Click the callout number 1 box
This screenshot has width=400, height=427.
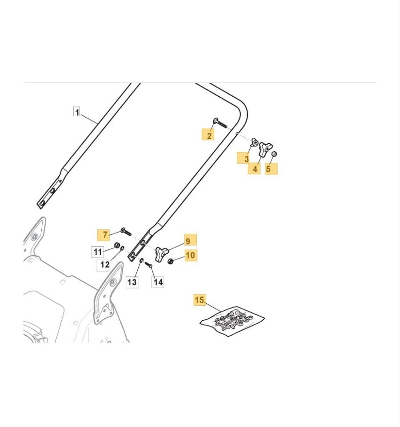coord(76,111)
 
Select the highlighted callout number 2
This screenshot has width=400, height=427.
coord(209,135)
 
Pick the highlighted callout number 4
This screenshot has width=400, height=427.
coord(254,168)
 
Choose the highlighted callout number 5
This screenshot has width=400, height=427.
coord(271,168)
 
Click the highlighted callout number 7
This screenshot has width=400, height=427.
coord(104,235)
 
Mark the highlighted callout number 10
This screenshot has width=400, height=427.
coord(190,255)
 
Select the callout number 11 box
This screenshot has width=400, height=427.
coord(97,252)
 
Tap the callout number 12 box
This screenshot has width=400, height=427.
coord(104,264)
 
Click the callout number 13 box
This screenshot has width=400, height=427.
coord(132,282)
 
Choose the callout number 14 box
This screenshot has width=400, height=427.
coord(158,282)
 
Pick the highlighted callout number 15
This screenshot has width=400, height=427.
coord(200,300)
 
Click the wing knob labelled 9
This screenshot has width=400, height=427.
coord(162,252)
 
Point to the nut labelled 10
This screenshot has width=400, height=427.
coord(170,261)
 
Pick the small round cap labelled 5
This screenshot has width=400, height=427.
coord(274,154)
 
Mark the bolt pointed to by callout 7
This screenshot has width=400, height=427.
coord(125,231)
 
